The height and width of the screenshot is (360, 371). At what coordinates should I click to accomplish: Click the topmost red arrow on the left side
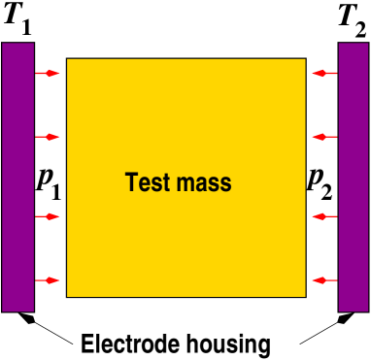[x=47, y=73]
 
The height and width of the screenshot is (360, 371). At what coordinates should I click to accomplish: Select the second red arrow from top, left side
[x=47, y=137]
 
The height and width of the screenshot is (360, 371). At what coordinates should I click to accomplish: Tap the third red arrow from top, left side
[x=47, y=216]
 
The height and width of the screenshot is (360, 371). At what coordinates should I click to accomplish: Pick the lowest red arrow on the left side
[x=47, y=280]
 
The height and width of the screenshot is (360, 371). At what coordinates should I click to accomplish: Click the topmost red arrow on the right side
[x=325, y=73]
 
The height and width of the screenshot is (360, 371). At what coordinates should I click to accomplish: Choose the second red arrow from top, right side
[x=325, y=137]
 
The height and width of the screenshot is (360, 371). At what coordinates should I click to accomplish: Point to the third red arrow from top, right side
[x=325, y=216]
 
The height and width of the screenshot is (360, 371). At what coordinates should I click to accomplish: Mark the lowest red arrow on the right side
[x=325, y=280]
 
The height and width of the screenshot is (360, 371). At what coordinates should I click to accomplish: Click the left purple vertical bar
[x=17, y=177]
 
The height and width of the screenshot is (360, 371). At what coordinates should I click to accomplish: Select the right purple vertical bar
[x=354, y=177]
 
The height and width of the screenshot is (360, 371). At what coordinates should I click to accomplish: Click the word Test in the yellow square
[x=146, y=182]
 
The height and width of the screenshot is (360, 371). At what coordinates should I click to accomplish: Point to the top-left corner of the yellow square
[x=67, y=59]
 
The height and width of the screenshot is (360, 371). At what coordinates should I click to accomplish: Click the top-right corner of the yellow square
[x=305, y=59]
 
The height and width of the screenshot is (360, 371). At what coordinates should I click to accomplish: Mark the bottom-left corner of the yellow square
[x=67, y=296]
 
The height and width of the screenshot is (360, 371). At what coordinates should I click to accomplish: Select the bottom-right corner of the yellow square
[x=305, y=296]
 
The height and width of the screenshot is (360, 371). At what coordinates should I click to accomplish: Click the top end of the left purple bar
[x=17, y=44]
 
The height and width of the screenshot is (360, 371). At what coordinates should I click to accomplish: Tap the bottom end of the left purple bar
[x=17, y=311]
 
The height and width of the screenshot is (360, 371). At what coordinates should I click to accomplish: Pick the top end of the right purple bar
[x=354, y=44]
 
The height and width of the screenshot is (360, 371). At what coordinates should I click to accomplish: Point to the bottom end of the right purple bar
[x=354, y=311]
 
